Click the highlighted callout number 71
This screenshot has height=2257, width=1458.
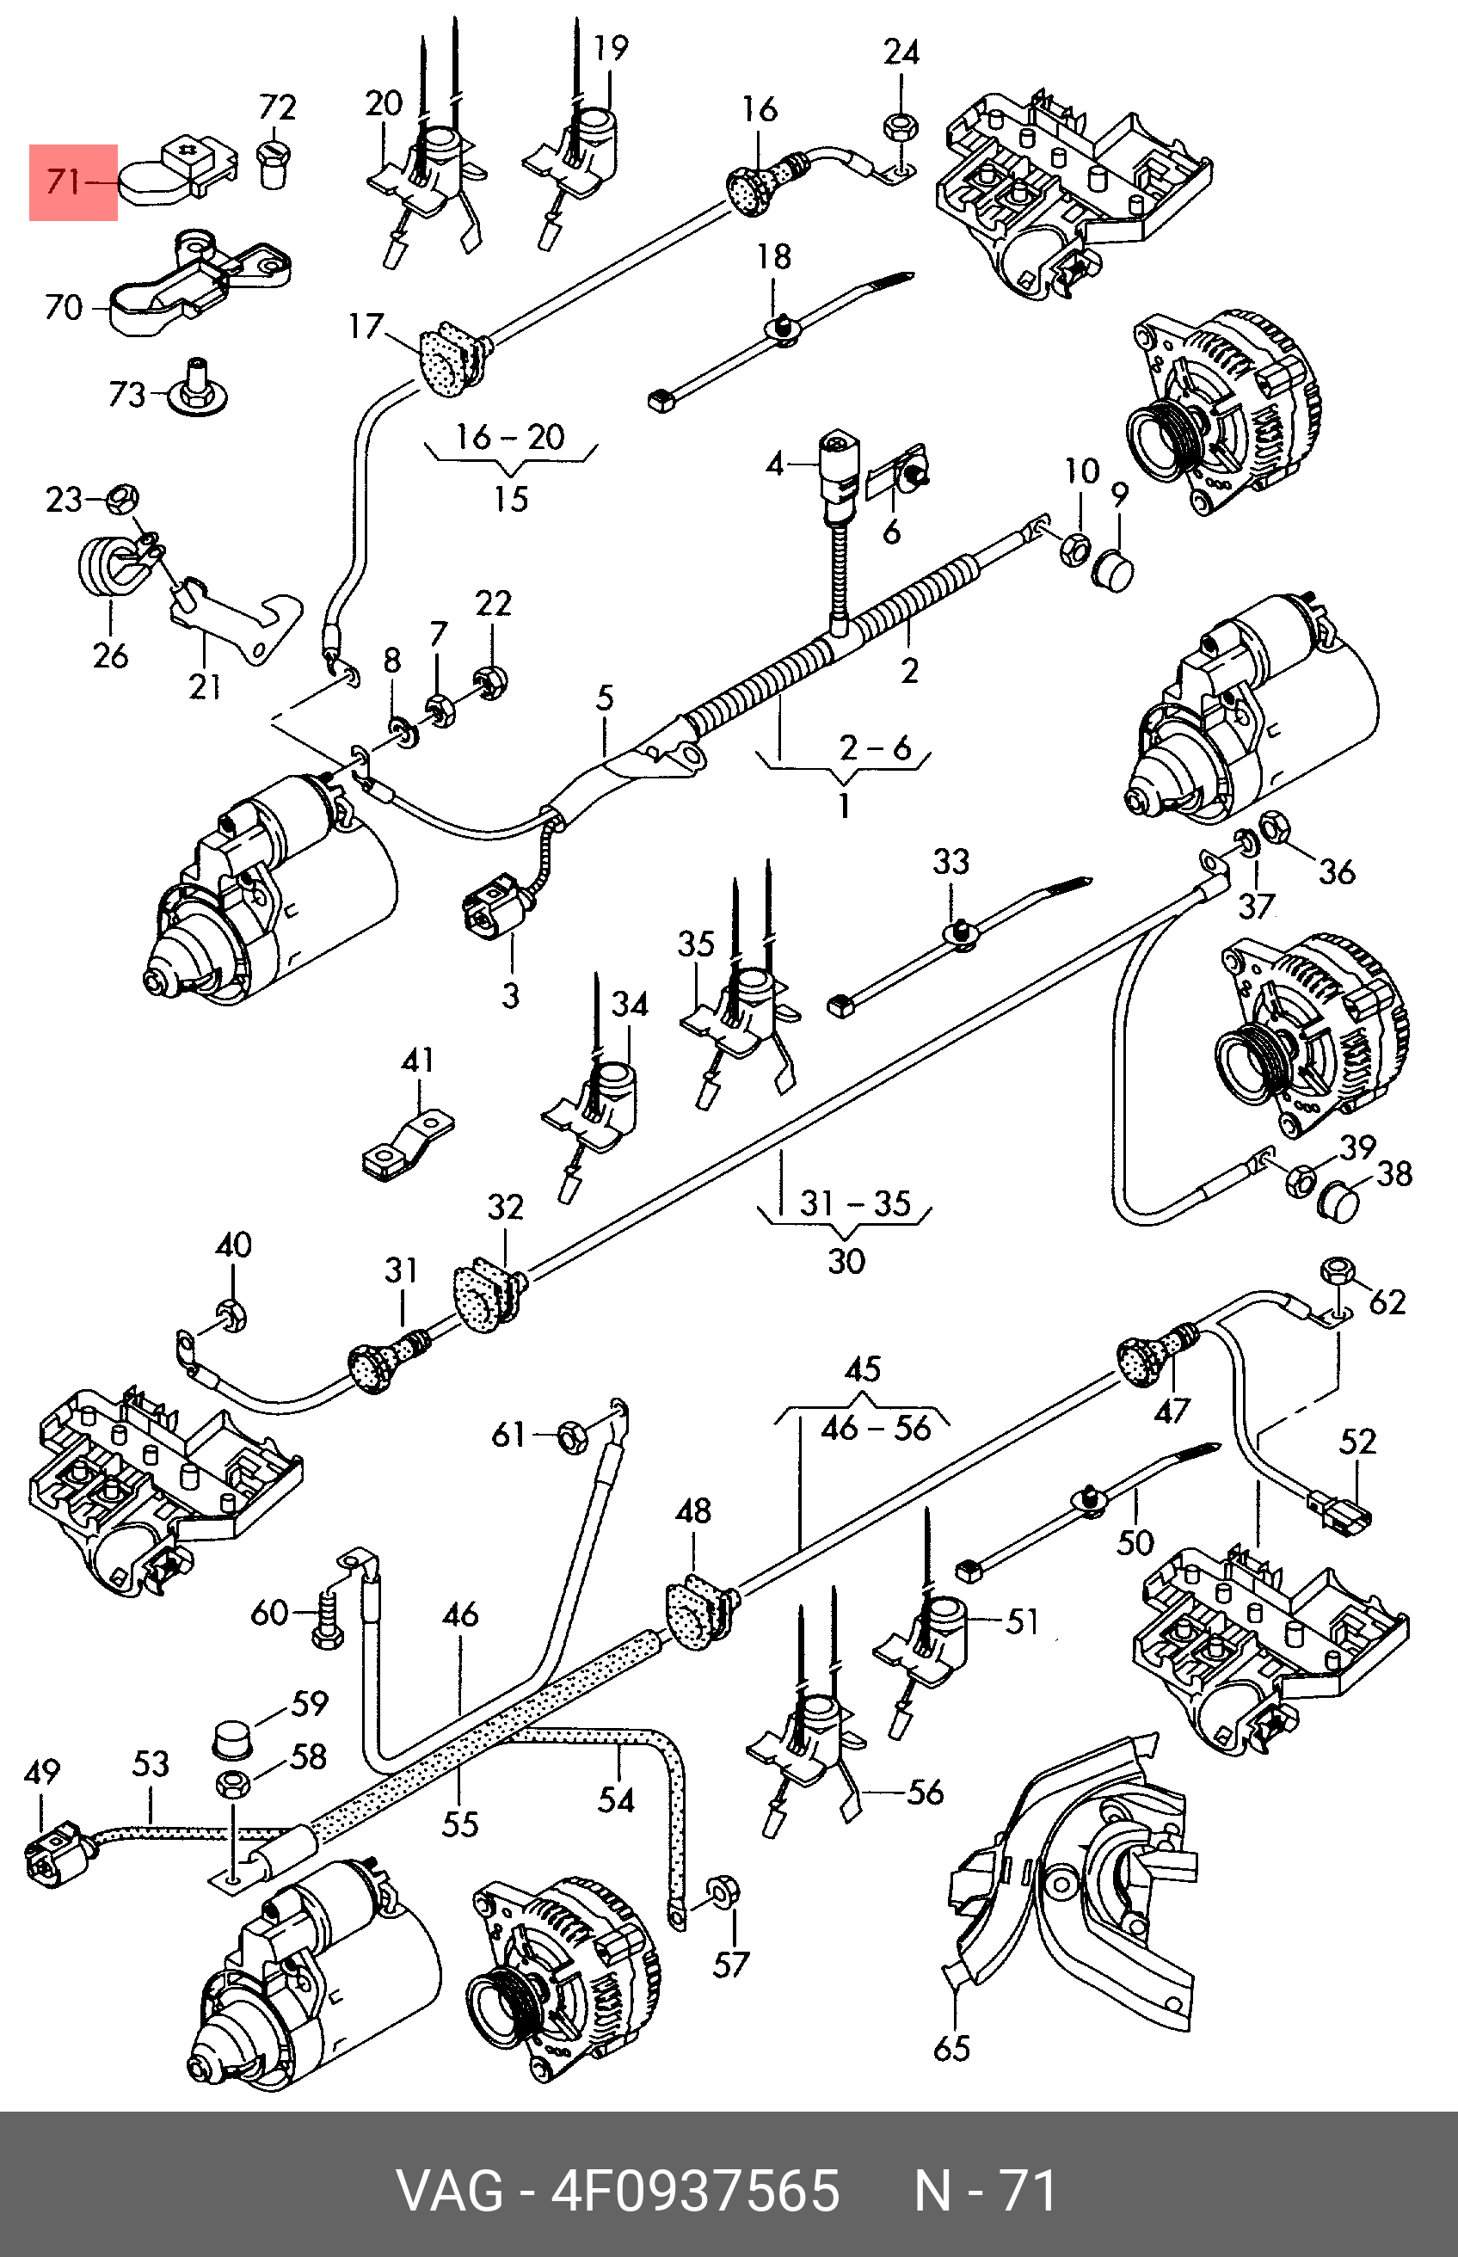64,180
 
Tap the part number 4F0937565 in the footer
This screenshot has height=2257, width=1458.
696,2191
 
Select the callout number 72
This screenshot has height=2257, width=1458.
277,107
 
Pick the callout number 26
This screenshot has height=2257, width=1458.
111,655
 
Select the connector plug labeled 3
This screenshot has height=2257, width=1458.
491,910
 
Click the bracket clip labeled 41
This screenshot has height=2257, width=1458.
408,1147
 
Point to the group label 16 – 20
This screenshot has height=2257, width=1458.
510,438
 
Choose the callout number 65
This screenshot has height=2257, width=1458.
951,2048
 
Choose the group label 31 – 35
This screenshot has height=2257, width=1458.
855,1204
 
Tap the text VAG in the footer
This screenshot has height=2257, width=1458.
450,2191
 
